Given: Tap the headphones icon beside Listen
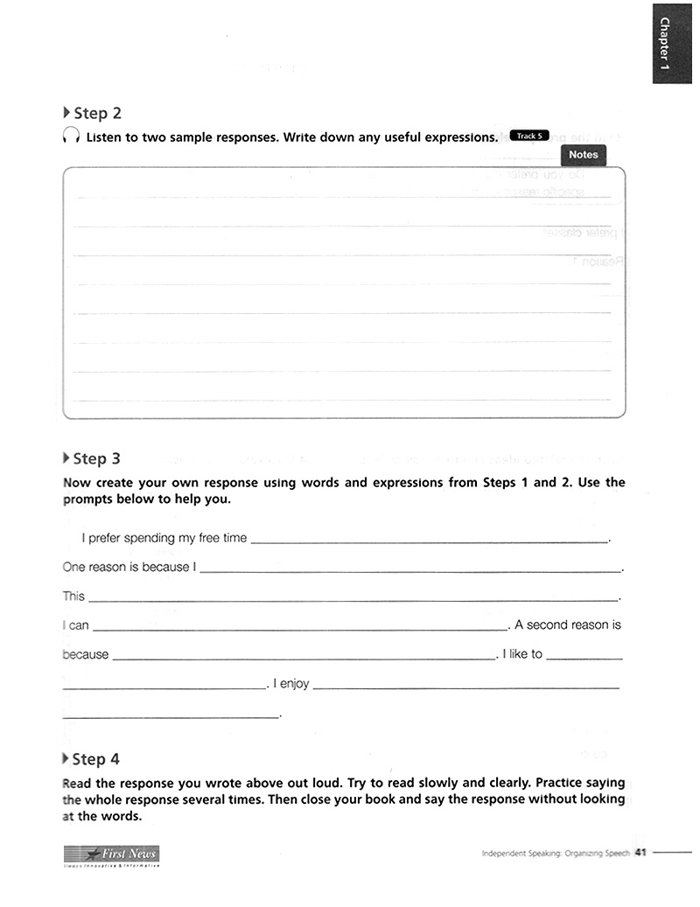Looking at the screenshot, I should click(71, 137).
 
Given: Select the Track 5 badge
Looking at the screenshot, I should click(528, 136).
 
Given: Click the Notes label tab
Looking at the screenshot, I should click(583, 155).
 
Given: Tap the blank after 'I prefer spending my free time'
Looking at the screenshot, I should click(429, 540).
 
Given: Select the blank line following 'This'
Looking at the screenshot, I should click(353, 598).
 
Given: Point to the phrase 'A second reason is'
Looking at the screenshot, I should click(568, 624).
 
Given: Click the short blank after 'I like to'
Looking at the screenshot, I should click(584, 656).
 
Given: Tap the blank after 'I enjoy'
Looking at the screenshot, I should click(465, 686).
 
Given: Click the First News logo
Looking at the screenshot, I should click(111, 855).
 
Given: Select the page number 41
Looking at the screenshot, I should click(640, 853).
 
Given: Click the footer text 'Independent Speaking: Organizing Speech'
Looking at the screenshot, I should click(556, 854).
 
